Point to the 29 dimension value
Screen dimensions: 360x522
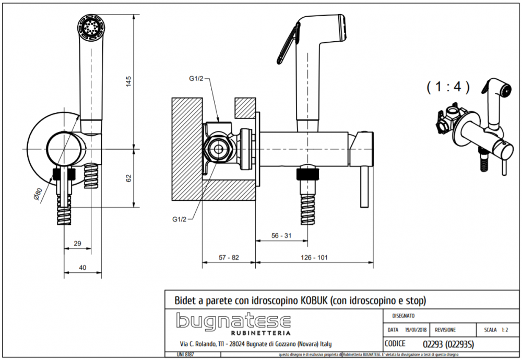click(x=77, y=244)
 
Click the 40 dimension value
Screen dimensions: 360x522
click(x=83, y=267)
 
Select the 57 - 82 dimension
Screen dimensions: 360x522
click(x=228, y=257)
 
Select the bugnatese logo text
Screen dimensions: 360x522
click(x=233, y=321)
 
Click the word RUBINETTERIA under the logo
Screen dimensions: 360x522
click(x=260, y=333)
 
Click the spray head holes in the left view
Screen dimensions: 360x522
click(x=91, y=26)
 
